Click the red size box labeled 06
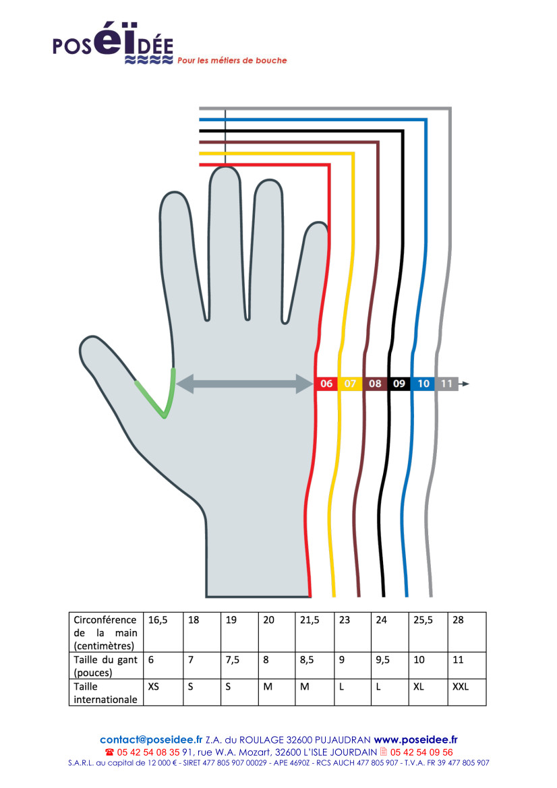pyautogui.click(x=326, y=384)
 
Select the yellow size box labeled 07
pyautogui.click(x=350, y=384)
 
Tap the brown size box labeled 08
pyautogui.click(x=375, y=384)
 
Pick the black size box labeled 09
pyautogui.click(x=399, y=384)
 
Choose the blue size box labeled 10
pyautogui.click(x=423, y=384)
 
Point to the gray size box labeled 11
pyautogui.click(x=446, y=384)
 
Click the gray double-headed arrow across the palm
pyautogui.click(x=243, y=384)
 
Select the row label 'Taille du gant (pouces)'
pyautogui.click(x=105, y=666)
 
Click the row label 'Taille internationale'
pyautogui.click(x=105, y=693)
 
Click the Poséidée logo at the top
pyautogui.click(x=113, y=46)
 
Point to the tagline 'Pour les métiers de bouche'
pyautogui.click(x=232, y=61)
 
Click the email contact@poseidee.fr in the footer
pyautogui.click(x=151, y=739)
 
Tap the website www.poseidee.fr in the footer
pyautogui.click(x=415, y=739)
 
